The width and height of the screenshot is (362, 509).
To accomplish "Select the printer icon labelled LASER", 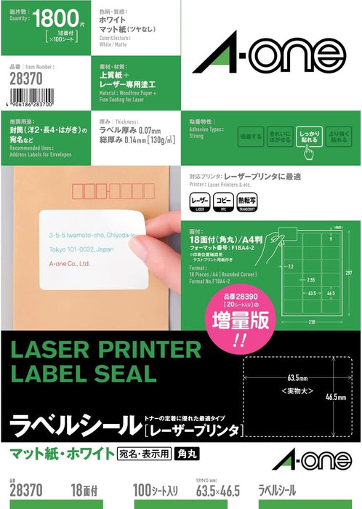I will pyautogui.click(x=220, y=199).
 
